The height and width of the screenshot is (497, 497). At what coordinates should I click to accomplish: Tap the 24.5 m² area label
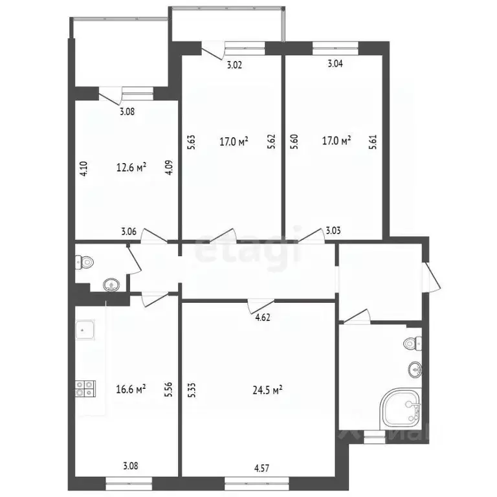(x=267, y=390)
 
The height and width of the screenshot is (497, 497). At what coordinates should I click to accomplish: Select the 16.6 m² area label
(x=131, y=388)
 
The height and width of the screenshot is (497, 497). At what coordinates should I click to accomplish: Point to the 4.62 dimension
(x=262, y=317)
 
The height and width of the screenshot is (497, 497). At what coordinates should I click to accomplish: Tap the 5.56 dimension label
(x=168, y=388)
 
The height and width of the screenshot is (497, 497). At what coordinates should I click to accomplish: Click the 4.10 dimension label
(x=83, y=169)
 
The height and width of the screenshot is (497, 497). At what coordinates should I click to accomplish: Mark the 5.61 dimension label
(x=372, y=142)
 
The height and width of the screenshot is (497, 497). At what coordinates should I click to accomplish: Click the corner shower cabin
(x=401, y=408)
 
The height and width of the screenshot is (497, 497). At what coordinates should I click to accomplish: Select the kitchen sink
(x=84, y=331)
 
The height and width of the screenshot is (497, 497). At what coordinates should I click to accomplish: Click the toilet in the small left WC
(x=84, y=262)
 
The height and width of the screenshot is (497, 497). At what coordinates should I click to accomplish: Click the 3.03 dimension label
(x=333, y=230)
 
